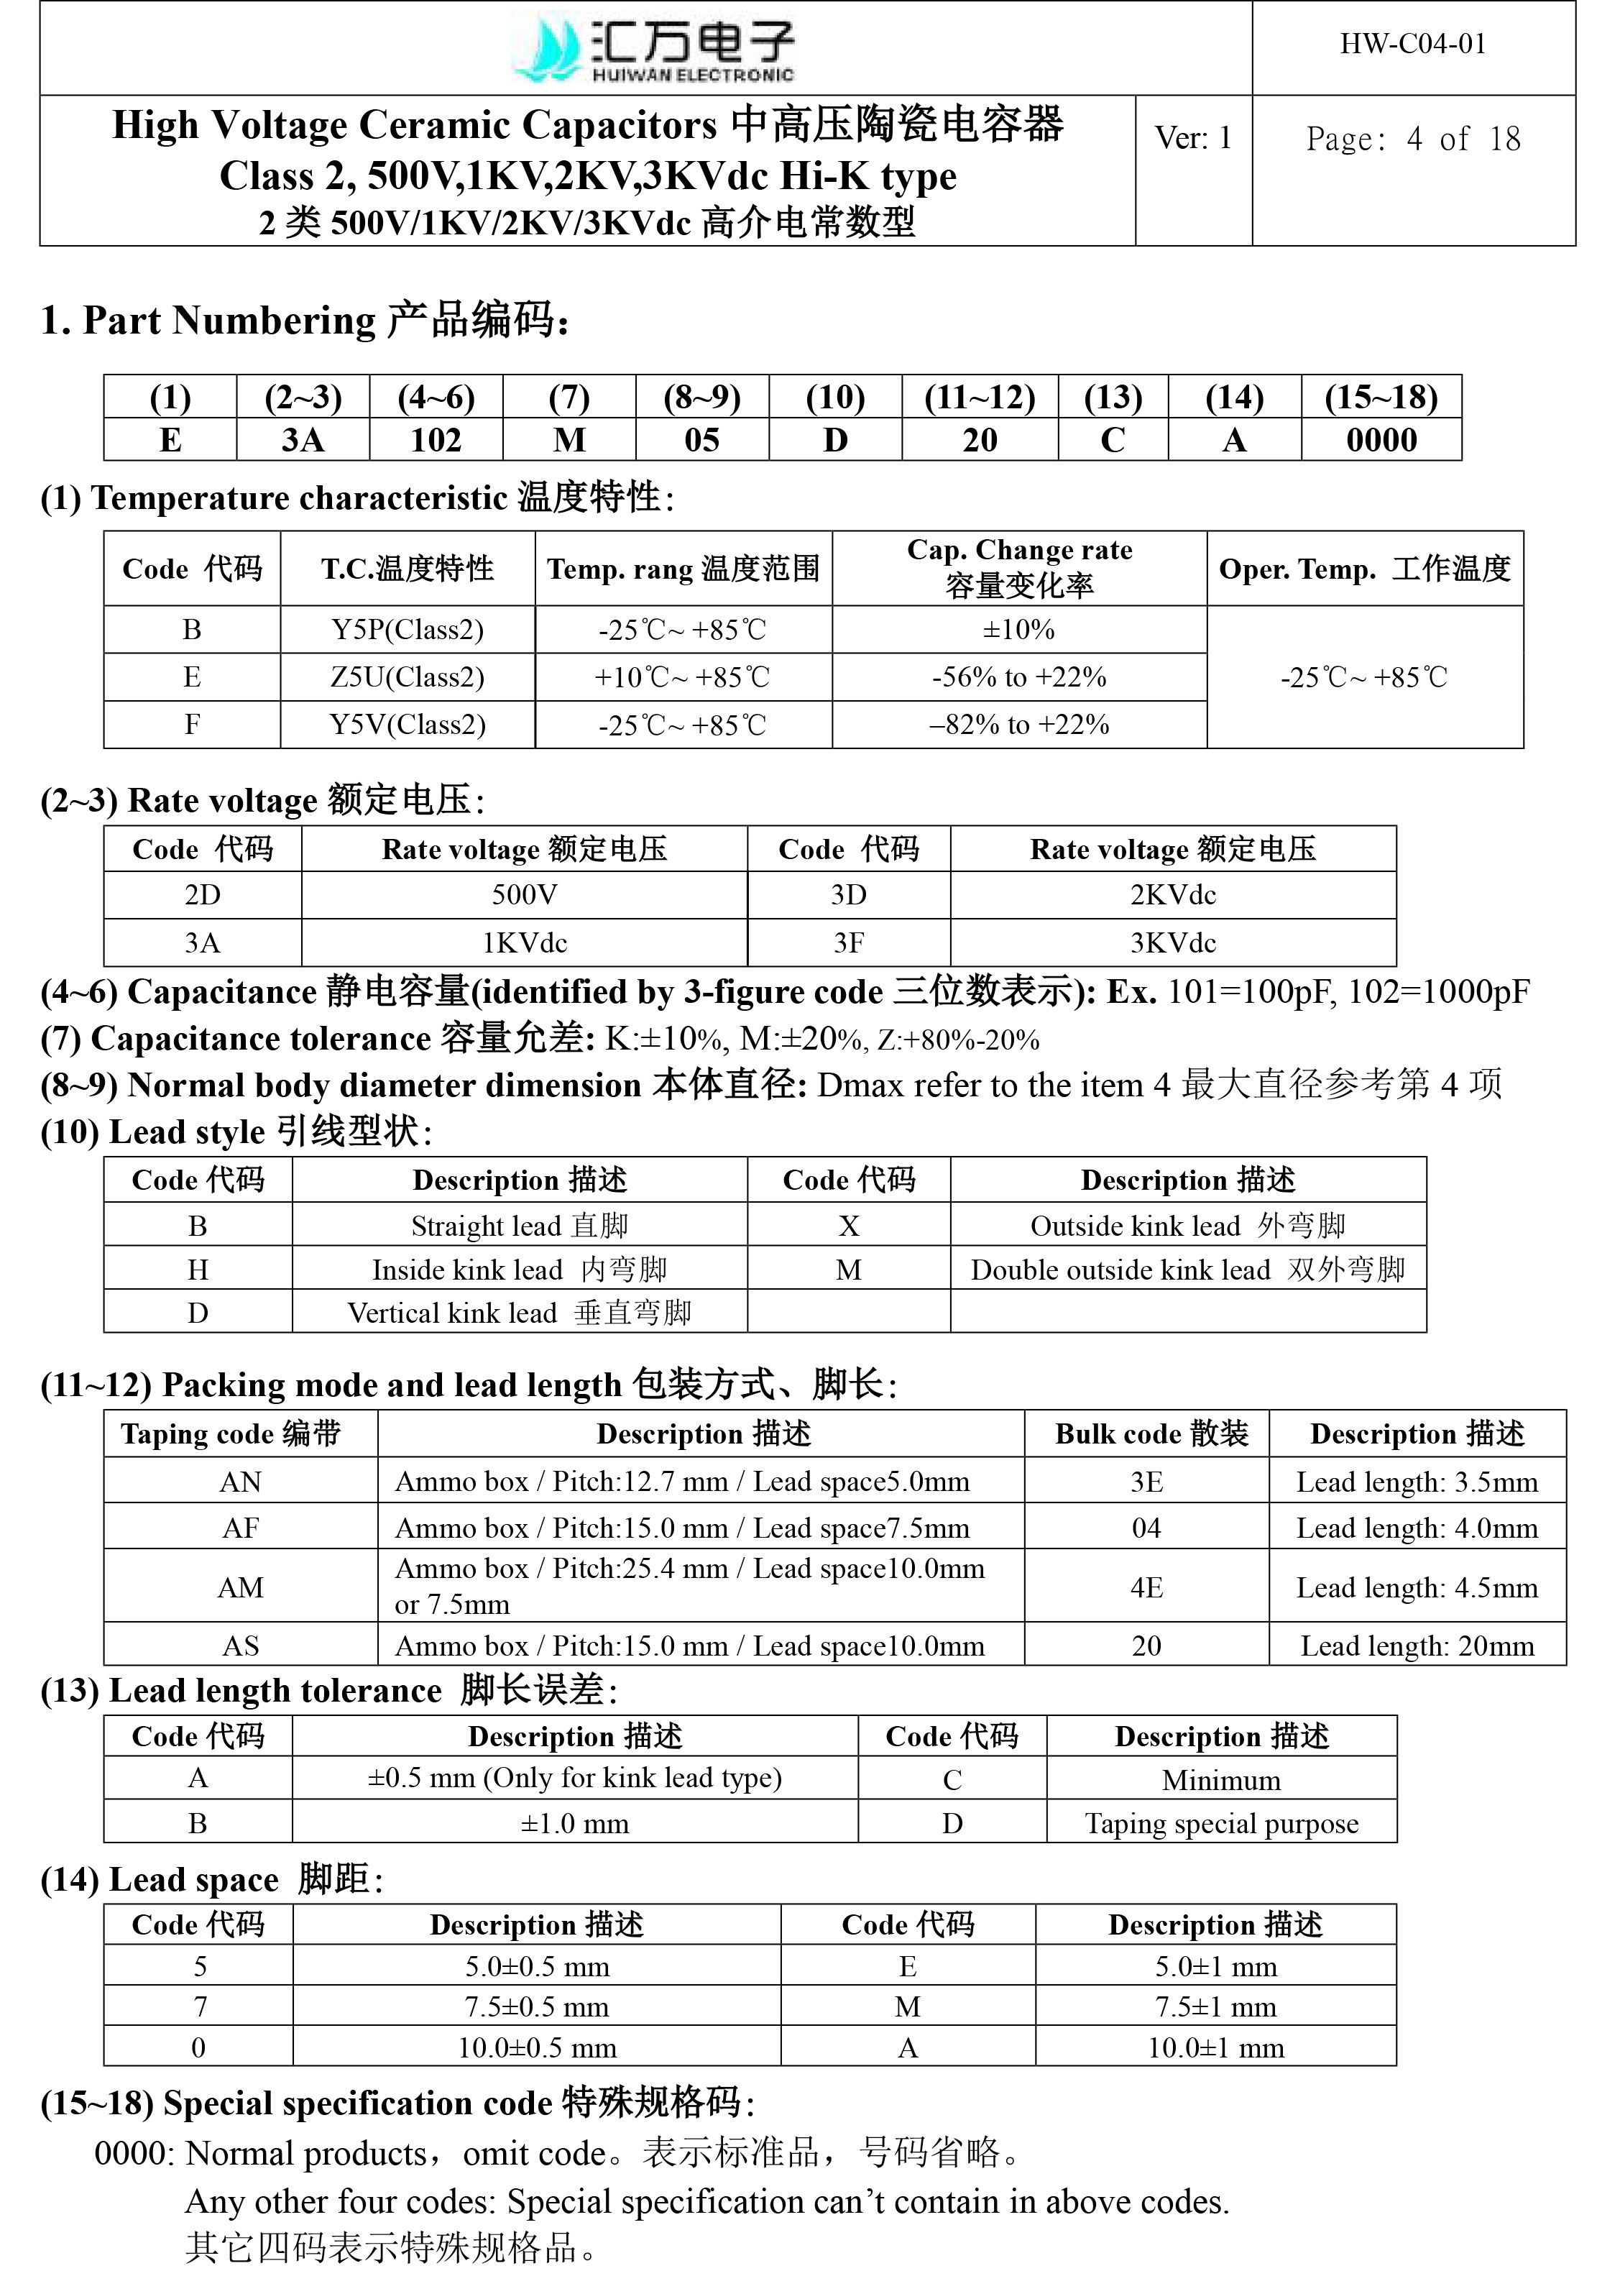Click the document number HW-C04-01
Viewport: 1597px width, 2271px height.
[1412, 45]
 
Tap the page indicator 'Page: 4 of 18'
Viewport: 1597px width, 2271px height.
[1412, 139]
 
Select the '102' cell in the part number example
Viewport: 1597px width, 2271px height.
[436, 440]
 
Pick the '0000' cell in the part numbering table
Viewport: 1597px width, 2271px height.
[1381, 440]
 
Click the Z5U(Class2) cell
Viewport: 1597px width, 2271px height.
[408, 677]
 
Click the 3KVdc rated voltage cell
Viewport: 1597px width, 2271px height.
[1173, 942]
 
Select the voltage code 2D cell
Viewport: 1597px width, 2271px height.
[203, 895]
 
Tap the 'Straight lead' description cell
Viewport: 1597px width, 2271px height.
[519, 1226]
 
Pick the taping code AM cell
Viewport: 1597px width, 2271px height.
[240, 1587]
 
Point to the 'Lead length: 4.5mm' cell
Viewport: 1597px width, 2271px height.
[1417, 1587]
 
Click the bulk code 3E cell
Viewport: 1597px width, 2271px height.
[1146, 1482]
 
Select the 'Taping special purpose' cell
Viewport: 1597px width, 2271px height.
[1221, 1823]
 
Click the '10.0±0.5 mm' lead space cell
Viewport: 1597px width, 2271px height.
[537, 2047]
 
